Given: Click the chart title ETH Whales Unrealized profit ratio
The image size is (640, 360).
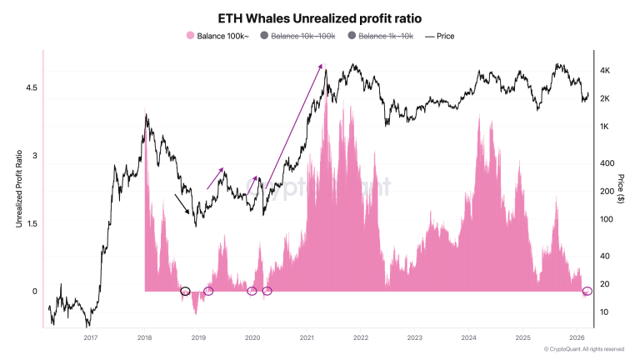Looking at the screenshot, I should coord(319,17).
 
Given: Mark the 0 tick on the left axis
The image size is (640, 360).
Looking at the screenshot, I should coord(34,291).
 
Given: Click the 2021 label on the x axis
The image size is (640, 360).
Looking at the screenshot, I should coord(307,337).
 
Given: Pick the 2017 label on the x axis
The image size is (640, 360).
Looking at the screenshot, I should coord(91,337).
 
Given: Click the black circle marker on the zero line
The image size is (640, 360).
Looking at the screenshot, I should coord(185,291).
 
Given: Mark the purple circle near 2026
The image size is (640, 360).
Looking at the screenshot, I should coord(587,291).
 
